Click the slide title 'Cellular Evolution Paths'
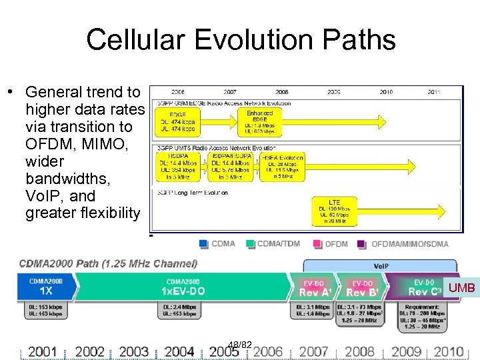pyautogui.click(x=241, y=39)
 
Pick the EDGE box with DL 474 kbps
pyautogui.click(x=178, y=123)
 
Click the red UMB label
pyautogui.click(x=461, y=288)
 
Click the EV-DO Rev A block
pyautogui.click(x=315, y=288)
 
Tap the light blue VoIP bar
pyautogui.click(x=381, y=265)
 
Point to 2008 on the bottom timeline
pyautogui.click(x=360, y=351)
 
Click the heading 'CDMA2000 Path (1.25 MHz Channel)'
pyautogui.click(x=108, y=263)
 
